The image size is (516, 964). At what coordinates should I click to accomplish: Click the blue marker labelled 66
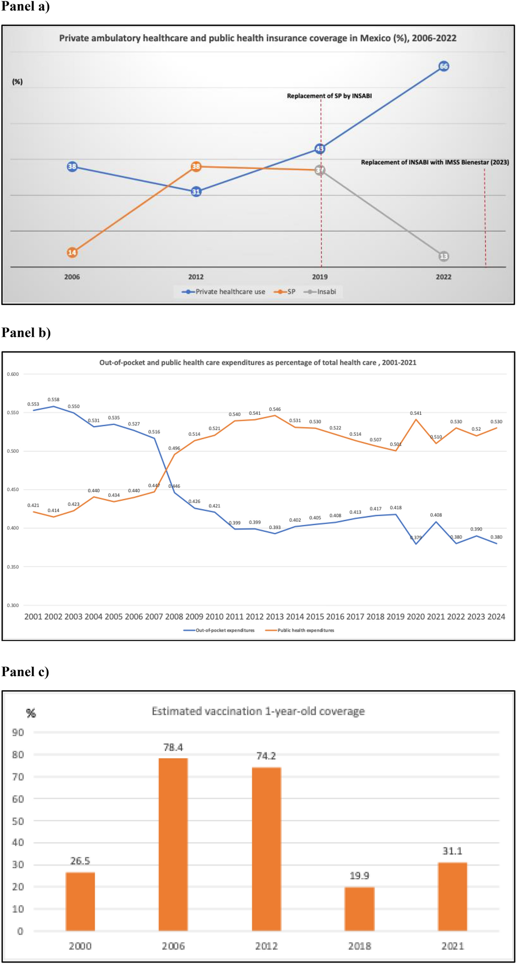[x=444, y=66]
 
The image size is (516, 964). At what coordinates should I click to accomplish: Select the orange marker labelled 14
[x=72, y=252]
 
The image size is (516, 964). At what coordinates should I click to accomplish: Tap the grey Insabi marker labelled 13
[x=444, y=256]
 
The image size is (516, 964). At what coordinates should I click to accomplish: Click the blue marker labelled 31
[x=196, y=191]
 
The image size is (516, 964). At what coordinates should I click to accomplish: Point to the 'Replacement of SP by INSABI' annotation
[x=329, y=96]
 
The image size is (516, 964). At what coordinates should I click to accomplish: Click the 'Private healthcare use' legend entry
[x=224, y=292]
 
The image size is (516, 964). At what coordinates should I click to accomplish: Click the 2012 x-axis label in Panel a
[x=196, y=277]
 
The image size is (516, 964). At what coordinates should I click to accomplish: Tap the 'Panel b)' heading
[x=26, y=332]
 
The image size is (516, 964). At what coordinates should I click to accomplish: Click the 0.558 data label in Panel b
[x=54, y=399]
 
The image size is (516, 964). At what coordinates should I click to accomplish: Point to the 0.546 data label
[x=275, y=409]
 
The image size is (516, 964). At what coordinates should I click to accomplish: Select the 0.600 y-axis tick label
[x=13, y=374]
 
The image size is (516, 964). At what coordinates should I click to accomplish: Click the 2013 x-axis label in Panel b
[x=275, y=616]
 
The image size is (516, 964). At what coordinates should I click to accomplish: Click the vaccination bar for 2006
[x=173, y=845]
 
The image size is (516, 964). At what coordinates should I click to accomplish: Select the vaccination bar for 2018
[x=359, y=908]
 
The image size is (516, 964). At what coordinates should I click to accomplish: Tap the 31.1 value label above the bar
[x=452, y=851]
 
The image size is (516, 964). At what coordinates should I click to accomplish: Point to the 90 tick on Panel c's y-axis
[x=18, y=732]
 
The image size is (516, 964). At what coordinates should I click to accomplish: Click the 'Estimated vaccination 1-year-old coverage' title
[x=258, y=711]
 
